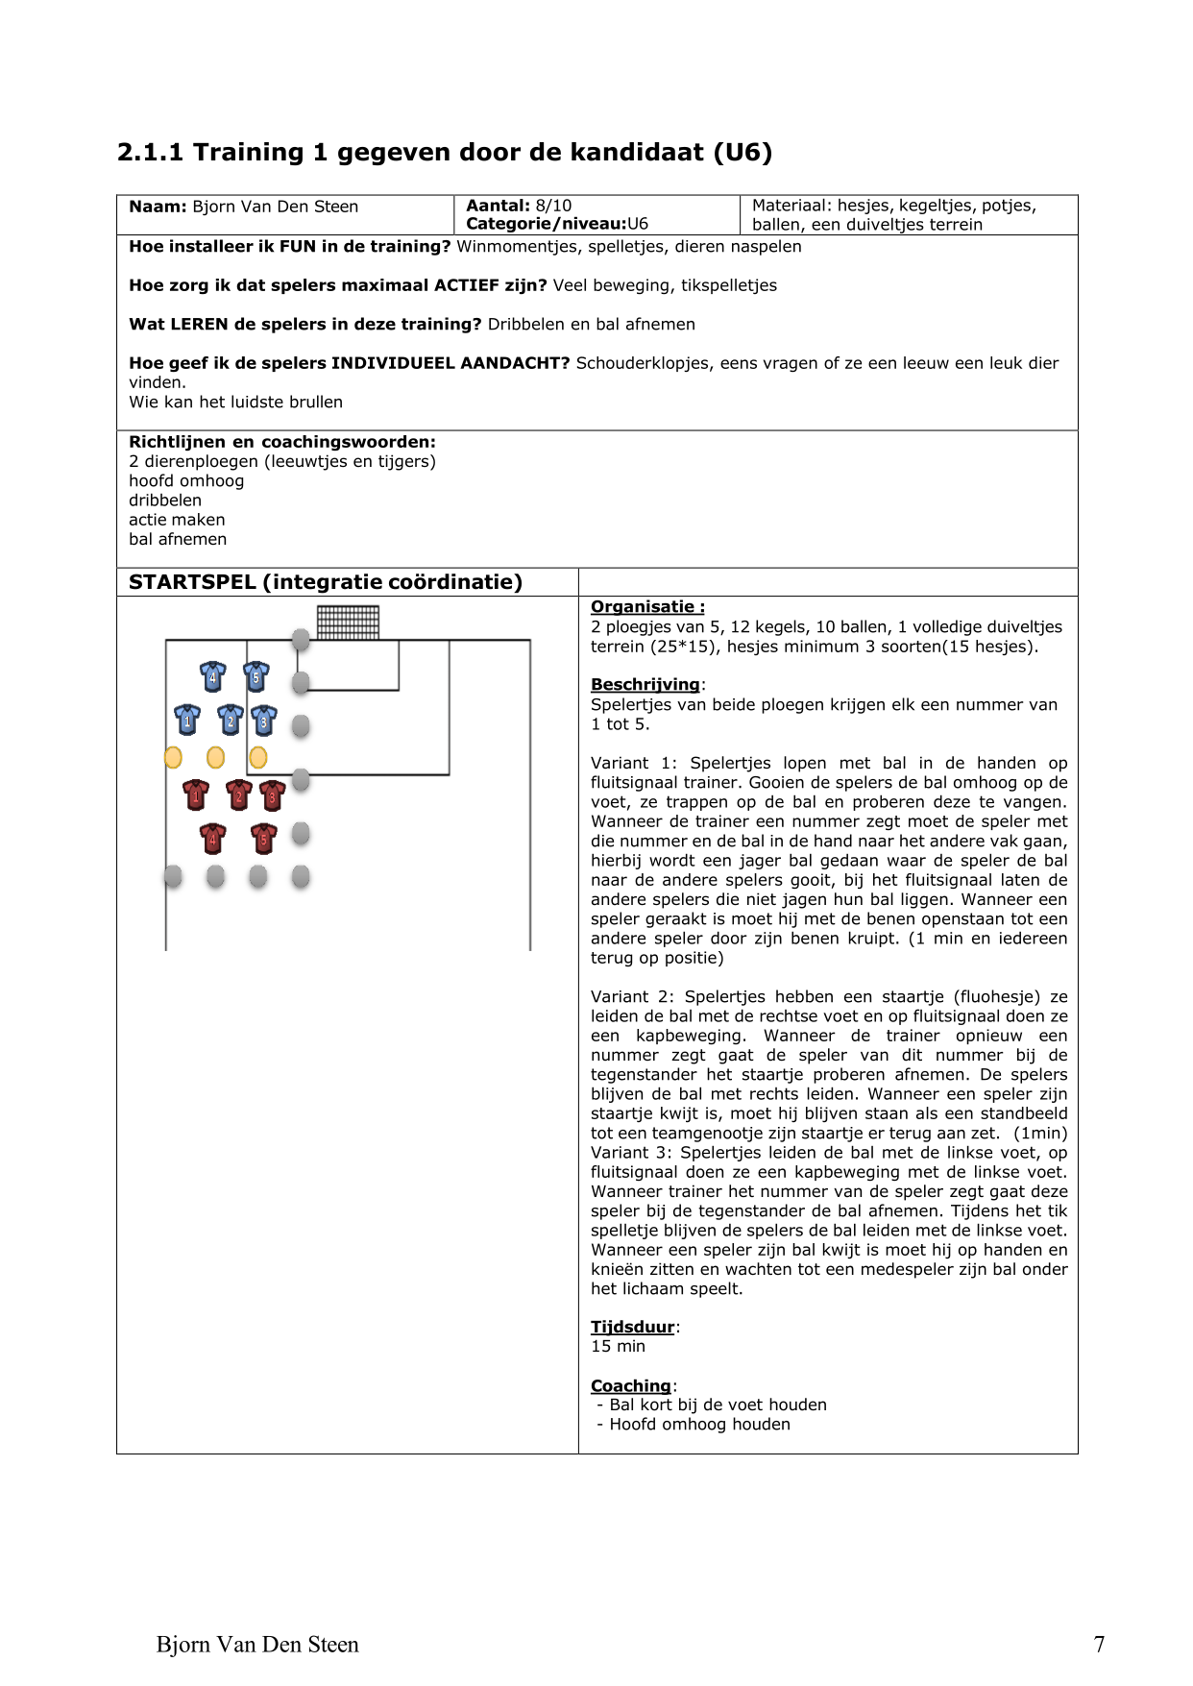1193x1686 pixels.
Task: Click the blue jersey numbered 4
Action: [212, 676]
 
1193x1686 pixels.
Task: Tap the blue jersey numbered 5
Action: [256, 676]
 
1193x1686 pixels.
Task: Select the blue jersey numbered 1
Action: [187, 719]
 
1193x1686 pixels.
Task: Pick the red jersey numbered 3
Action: [272, 795]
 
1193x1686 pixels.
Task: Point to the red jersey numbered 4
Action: [212, 839]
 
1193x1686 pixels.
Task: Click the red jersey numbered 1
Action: [196, 795]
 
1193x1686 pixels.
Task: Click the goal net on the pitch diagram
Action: [348, 623]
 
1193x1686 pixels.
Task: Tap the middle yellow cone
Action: [216, 758]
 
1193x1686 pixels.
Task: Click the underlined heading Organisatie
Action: [646, 607]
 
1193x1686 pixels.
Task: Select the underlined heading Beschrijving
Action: [645, 685]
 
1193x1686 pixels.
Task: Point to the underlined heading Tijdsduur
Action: [633, 1327]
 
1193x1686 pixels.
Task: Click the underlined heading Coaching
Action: [630, 1385]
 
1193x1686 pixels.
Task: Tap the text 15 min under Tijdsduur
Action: [618, 1346]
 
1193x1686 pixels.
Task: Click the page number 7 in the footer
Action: [1099, 1645]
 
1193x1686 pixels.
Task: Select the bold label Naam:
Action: [158, 207]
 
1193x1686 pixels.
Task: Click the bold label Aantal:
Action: [498, 206]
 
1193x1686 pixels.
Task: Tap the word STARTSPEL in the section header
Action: [192, 582]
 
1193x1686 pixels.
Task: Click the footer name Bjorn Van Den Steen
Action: [257, 1645]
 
